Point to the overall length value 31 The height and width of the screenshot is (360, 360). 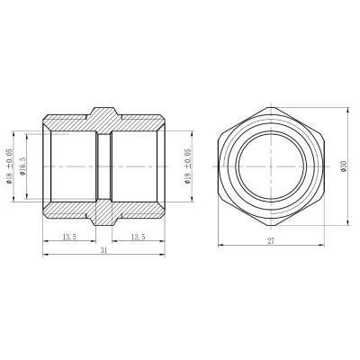105,252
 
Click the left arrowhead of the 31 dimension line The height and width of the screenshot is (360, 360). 44,258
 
